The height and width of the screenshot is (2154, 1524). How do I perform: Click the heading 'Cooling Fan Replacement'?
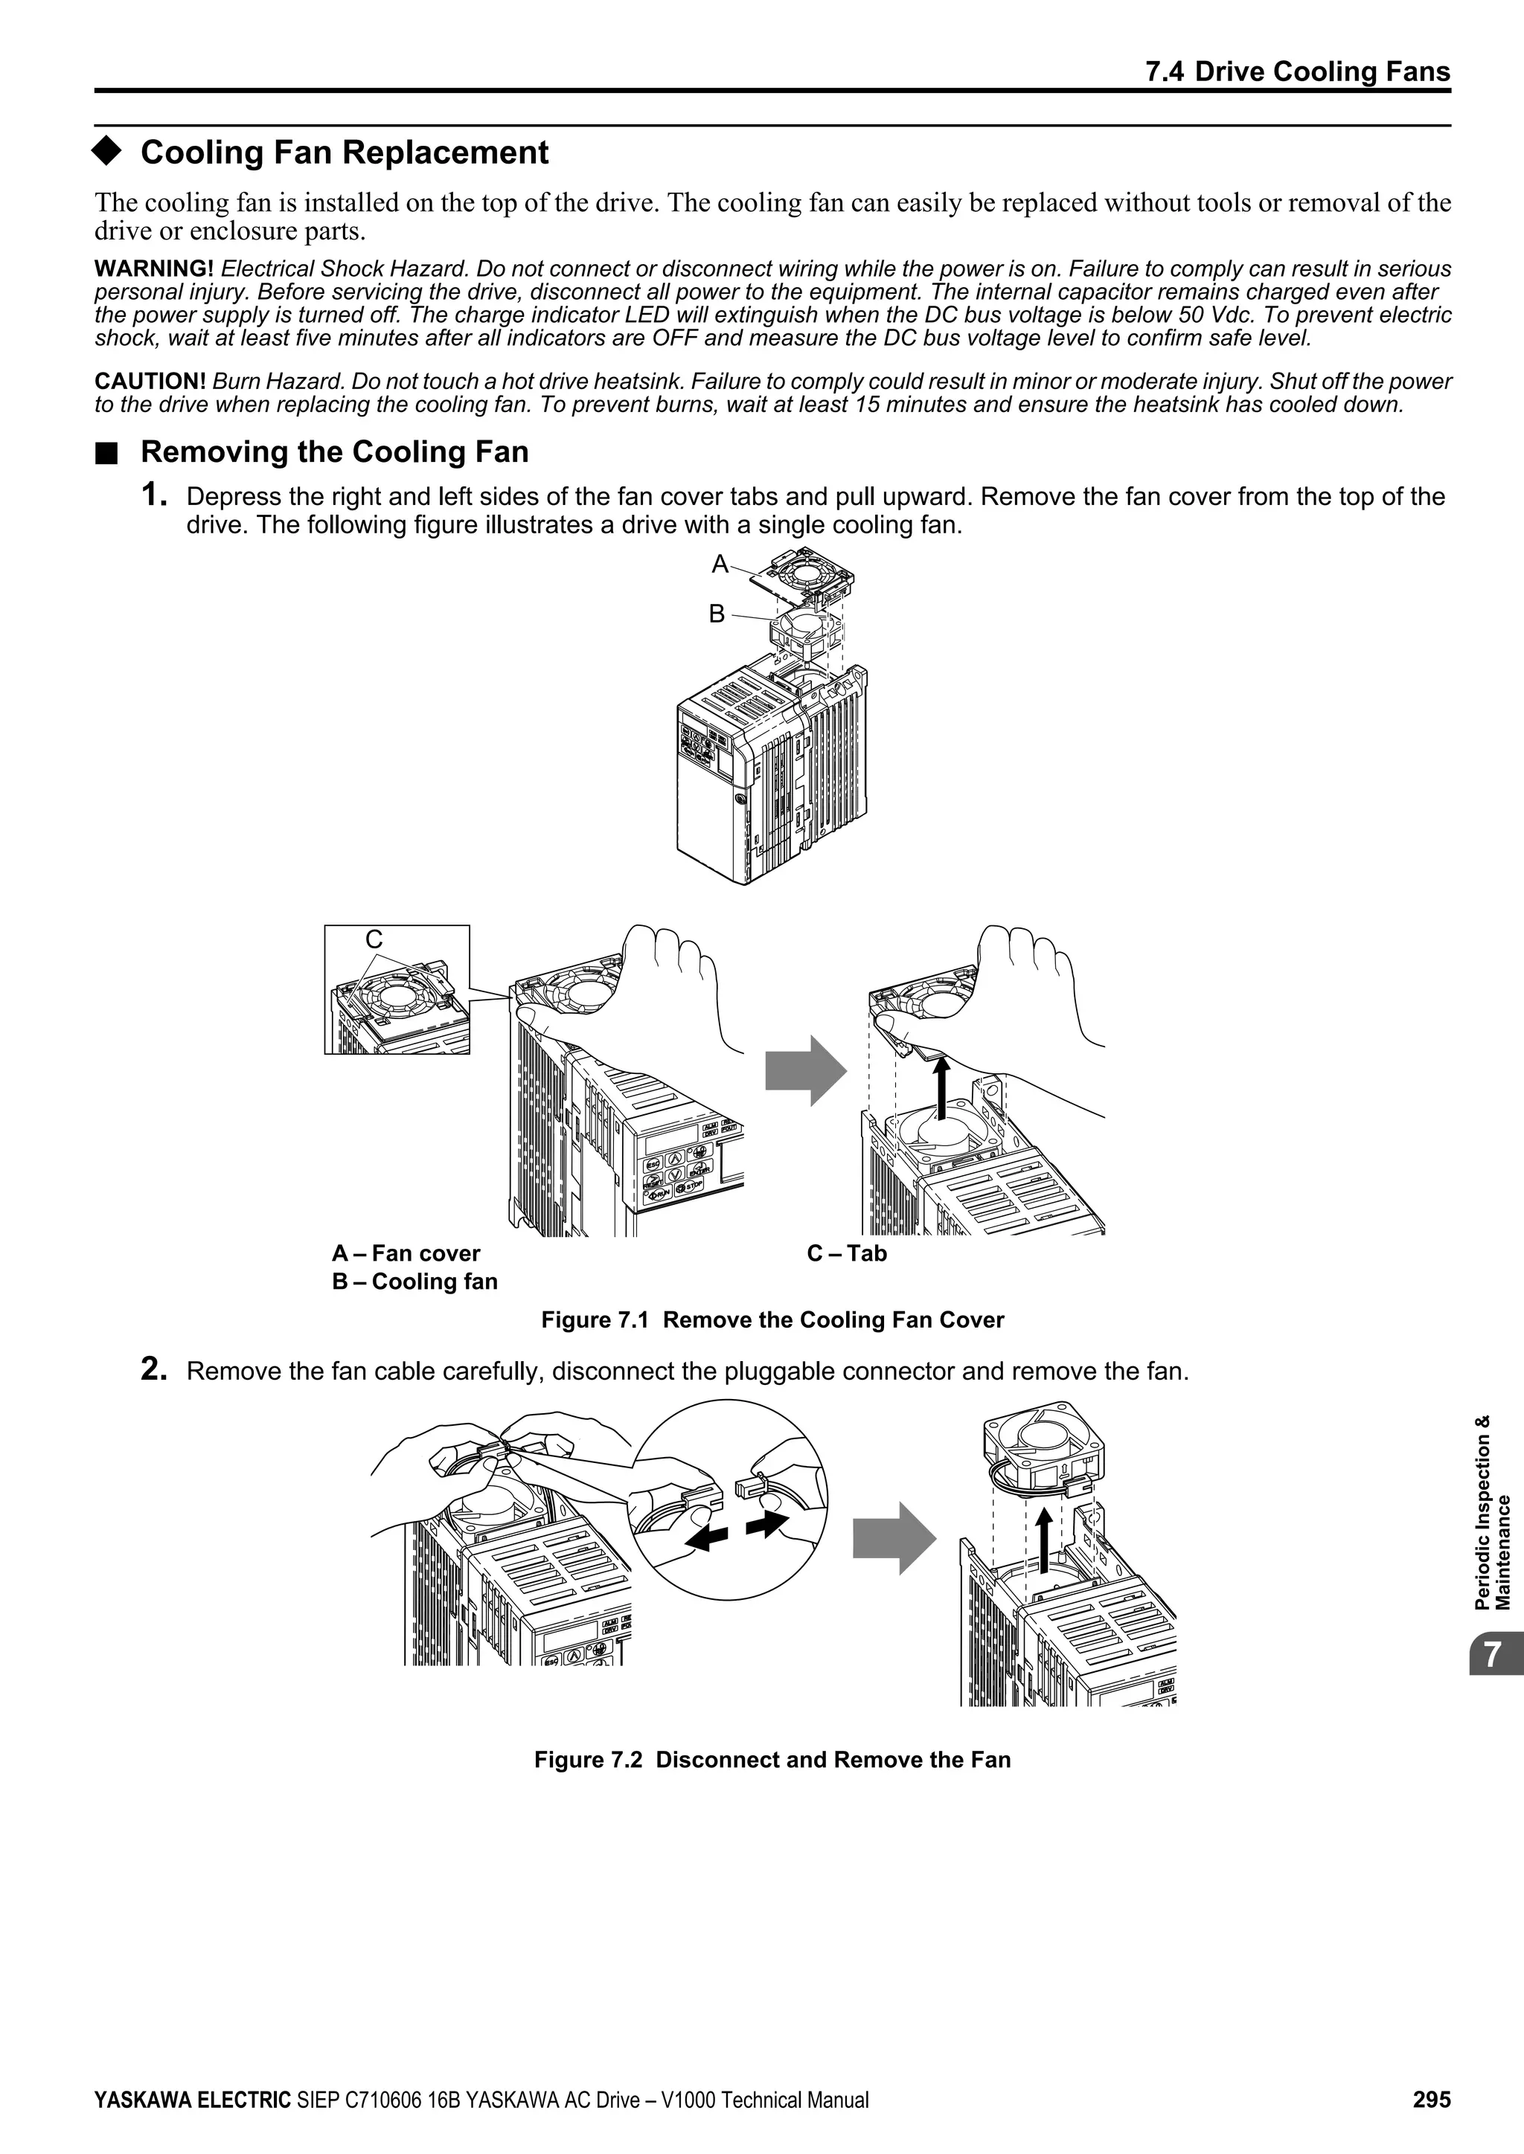click(345, 152)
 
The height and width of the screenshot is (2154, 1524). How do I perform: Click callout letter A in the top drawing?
click(720, 565)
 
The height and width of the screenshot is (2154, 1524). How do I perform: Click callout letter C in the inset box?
click(374, 939)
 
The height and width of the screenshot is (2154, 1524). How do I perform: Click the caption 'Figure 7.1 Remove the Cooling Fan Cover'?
click(772, 1320)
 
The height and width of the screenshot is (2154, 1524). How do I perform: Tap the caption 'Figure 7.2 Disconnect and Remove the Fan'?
click(772, 1760)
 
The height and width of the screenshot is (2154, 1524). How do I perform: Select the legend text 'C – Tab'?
click(846, 1253)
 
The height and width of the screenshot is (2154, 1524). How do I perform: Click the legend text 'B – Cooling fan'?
click(414, 1282)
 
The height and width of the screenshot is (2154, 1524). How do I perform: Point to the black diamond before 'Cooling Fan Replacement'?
click(108, 152)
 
